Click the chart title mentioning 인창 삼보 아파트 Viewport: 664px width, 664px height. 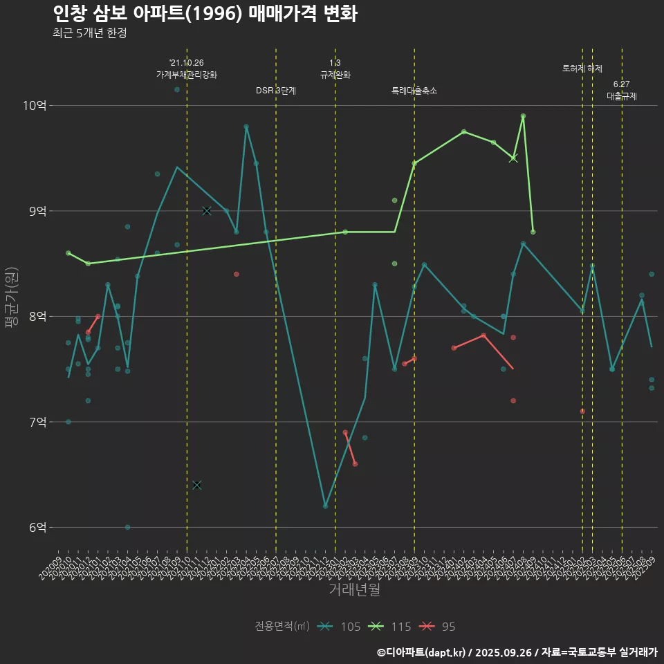(205, 14)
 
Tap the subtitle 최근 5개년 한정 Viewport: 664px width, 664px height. (89, 33)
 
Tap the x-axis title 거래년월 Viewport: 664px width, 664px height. (353, 590)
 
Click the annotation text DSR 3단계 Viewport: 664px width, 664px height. (276, 91)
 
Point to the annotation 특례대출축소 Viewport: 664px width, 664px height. (414, 91)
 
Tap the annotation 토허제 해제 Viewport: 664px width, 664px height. (582, 68)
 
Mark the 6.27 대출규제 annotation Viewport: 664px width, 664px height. (622, 91)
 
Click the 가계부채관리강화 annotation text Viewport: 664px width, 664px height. (187, 75)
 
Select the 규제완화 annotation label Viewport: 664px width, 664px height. (335, 75)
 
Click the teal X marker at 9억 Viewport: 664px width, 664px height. (207, 211)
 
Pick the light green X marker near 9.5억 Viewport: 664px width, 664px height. (513, 158)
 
